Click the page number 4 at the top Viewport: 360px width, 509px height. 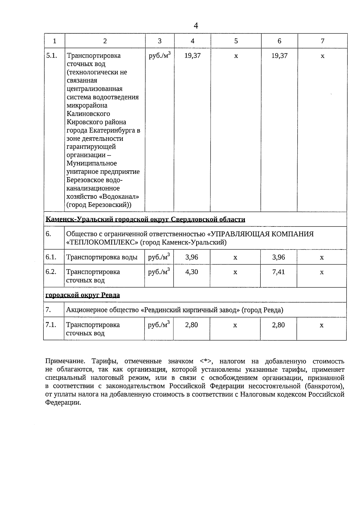196,25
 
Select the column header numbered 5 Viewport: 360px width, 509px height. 236,41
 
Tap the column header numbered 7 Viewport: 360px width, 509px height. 322,41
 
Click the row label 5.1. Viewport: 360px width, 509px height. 52,55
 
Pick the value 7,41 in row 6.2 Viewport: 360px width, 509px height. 279,272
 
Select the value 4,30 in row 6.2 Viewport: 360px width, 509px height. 192,272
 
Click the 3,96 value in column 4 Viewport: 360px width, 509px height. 192,257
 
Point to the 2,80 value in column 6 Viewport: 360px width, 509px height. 278,325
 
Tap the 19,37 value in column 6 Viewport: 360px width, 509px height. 279,56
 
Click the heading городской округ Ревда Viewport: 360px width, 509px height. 82,295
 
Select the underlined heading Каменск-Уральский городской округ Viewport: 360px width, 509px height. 145,220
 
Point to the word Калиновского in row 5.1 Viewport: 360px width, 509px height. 88,114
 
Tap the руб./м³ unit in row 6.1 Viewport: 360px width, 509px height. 159,257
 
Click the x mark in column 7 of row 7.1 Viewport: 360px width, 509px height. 322,325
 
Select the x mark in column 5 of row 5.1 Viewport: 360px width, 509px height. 236,56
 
